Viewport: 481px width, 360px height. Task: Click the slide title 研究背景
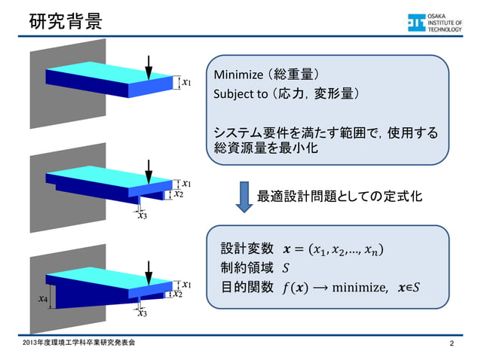pyautogui.click(x=63, y=22)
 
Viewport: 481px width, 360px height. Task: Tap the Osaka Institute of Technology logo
pyautogui.click(x=438, y=23)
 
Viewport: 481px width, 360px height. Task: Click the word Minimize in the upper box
pyautogui.click(x=237, y=75)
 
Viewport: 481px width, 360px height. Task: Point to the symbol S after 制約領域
pyautogui.click(x=285, y=268)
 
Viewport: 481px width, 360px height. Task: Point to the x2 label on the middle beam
pyautogui.click(x=179, y=194)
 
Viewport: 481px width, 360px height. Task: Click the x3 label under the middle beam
pyautogui.click(x=142, y=216)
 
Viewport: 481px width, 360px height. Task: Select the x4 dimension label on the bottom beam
pyautogui.click(x=43, y=299)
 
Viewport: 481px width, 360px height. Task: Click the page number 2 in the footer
pyautogui.click(x=452, y=344)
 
